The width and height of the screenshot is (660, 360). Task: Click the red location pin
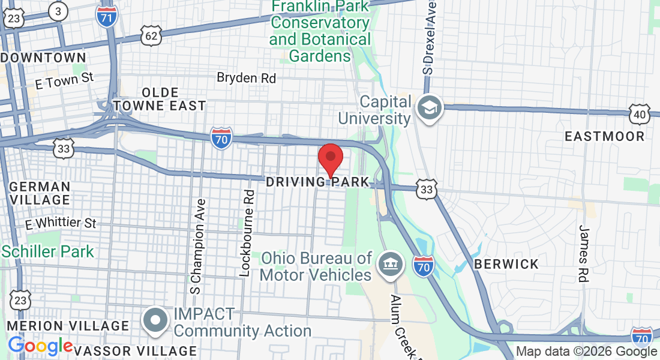coord(330,158)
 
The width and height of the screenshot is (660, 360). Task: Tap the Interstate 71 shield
coord(106,16)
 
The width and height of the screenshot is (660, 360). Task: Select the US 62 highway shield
coord(151,35)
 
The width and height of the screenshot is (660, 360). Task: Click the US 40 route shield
coord(640,113)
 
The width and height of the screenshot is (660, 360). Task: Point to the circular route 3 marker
coord(58,11)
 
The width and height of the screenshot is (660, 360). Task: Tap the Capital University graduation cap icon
coord(431,109)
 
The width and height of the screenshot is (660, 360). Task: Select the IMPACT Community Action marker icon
coord(156,319)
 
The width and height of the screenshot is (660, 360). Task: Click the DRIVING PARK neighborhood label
coord(316,181)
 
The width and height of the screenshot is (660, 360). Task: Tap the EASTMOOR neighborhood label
coord(605,136)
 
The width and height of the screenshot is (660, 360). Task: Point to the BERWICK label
coord(506,264)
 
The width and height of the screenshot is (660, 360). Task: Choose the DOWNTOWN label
coord(44,58)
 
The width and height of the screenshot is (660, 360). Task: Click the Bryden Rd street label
coord(246,77)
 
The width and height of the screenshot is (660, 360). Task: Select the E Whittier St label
coord(61,224)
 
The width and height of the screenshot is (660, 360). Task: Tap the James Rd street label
coord(583,253)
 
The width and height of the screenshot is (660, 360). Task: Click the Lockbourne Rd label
coord(245,233)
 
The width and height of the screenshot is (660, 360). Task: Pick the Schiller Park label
coord(48,251)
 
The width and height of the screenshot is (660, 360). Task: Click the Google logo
coord(40,346)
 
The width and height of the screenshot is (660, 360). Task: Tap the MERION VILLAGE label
coord(68,326)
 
